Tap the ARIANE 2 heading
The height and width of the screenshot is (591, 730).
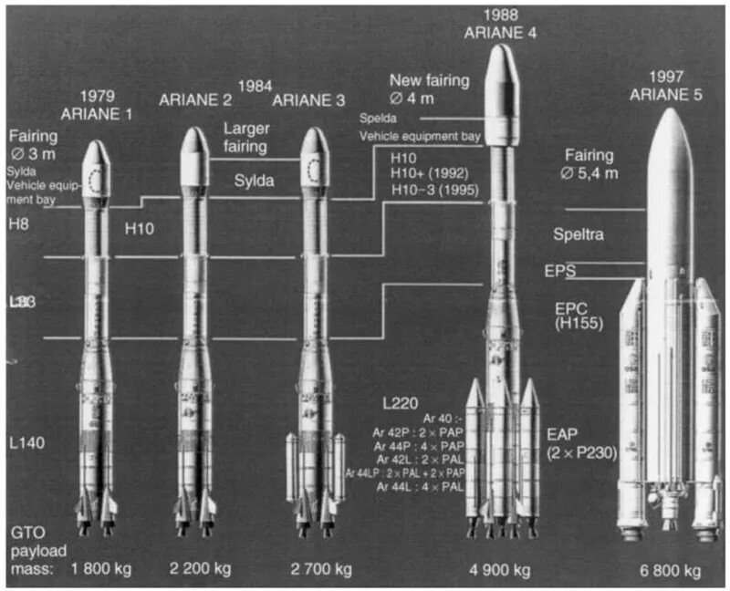pos(194,100)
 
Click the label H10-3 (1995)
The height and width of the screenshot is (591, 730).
pos(437,188)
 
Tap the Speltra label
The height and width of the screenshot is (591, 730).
pos(578,234)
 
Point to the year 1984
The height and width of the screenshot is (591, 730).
pos(255,86)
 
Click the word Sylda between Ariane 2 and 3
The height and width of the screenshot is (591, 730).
pos(255,181)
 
